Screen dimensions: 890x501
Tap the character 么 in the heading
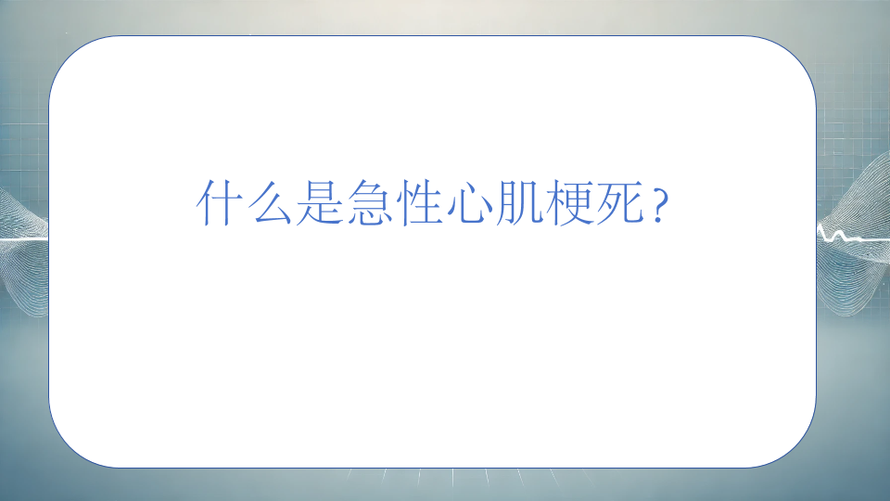269,203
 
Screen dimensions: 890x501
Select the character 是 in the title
319,203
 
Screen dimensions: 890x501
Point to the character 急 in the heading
369,203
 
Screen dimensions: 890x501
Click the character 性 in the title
419,203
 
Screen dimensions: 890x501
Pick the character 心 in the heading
469,203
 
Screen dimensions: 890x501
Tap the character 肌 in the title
519,203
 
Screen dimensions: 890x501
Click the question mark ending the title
658,206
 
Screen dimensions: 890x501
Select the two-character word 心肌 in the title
494,203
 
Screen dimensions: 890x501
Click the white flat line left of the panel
24,240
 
